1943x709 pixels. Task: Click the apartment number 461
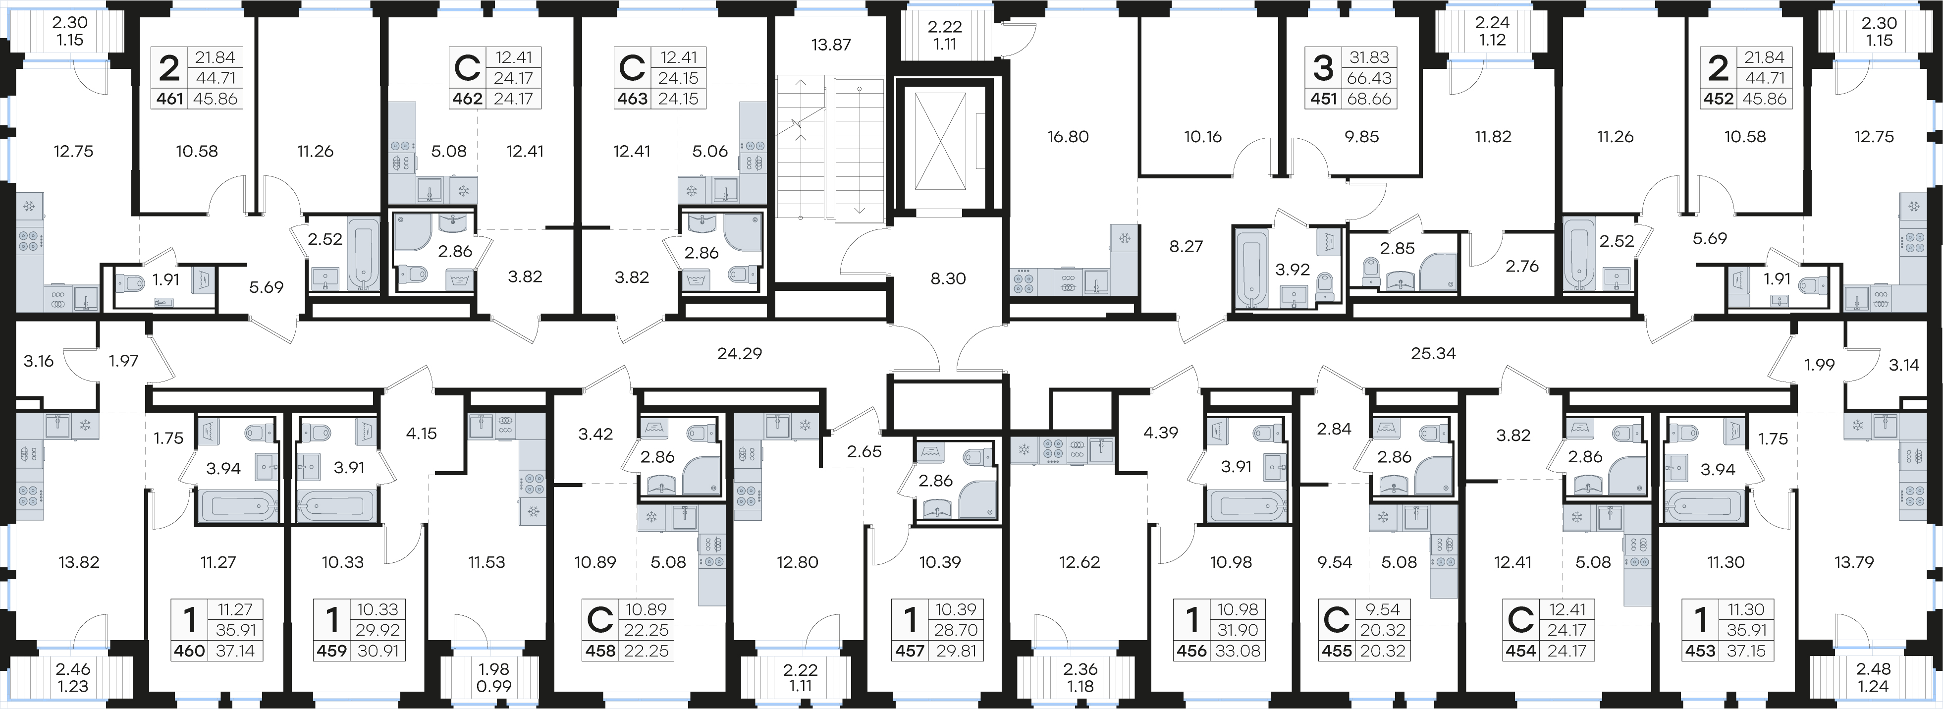pyautogui.click(x=170, y=99)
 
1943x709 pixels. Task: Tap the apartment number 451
pyautogui.click(x=1324, y=99)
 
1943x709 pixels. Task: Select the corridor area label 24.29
pyautogui.click(x=739, y=353)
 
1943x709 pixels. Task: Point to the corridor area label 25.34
pyautogui.click(x=1433, y=353)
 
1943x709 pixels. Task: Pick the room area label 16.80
pyautogui.click(x=1068, y=137)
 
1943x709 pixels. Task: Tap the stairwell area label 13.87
pyautogui.click(x=830, y=45)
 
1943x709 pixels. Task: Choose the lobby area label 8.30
pyautogui.click(x=948, y=278)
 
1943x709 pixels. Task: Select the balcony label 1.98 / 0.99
pyautogui.click(x=493, y=677)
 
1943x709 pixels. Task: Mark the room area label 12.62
pyautogui.click(x=1079, y=562)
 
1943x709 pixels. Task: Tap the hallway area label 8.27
pyautogui.click(x=1186, y=246)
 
